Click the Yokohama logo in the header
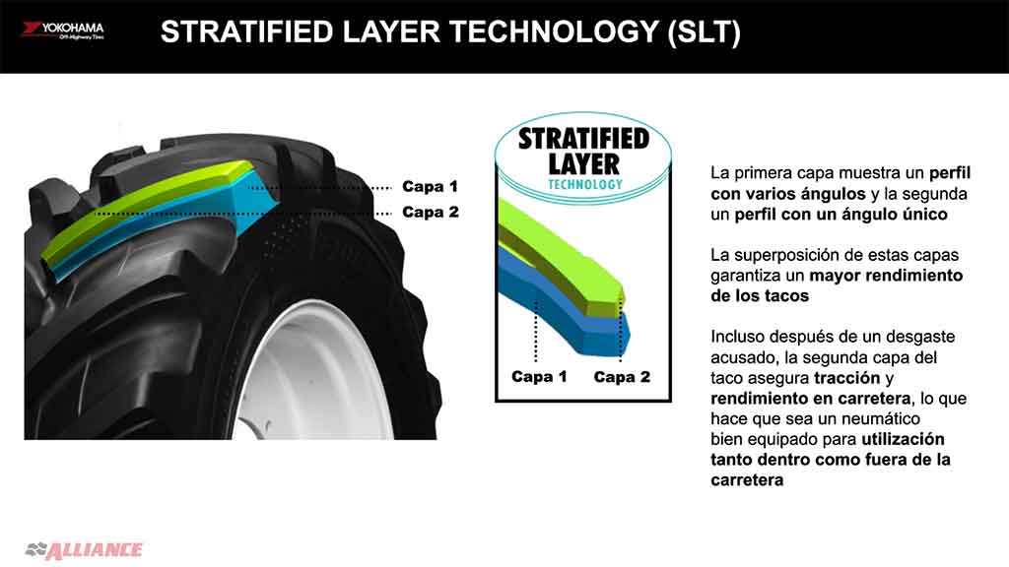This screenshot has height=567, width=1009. tap(62, 31)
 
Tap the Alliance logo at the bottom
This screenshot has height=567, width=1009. tap(84, 549)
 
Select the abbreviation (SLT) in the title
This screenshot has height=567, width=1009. tap(705, 32)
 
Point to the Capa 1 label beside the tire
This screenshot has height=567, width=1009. tap(430, 186)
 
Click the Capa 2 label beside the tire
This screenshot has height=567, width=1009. tap(430, 212)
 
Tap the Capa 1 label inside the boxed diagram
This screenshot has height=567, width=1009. tap(539, 377)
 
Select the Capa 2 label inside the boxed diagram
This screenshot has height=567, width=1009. tap(622, 377)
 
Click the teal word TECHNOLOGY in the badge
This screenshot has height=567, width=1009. tap(585, 184)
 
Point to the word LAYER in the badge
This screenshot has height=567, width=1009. tap(583, 164)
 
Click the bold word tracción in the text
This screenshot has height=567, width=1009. tap(846, 378)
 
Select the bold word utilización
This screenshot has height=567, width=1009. tap(903, 439)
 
